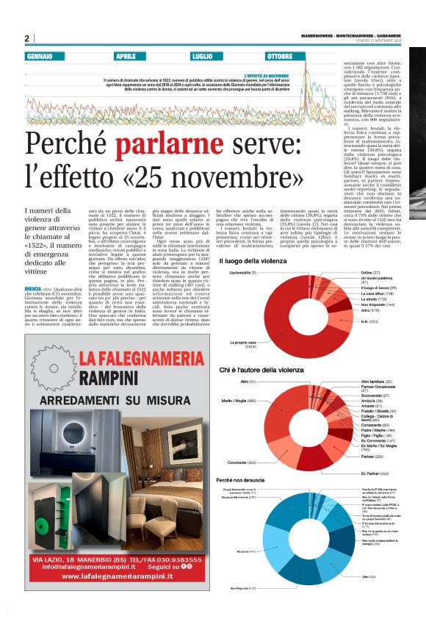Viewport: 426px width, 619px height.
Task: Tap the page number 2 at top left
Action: tap(27, 38)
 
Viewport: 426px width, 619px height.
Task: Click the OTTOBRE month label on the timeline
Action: tap(280, 56)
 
